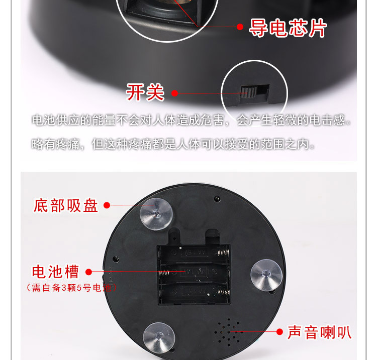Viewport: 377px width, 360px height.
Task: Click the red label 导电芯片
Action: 288,29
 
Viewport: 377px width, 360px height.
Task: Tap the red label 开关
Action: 145,92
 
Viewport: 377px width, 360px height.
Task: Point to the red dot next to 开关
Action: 175,93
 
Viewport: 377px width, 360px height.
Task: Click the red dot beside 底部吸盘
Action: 107,205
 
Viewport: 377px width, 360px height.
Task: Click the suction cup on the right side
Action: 266,274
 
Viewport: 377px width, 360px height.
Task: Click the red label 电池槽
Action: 56,272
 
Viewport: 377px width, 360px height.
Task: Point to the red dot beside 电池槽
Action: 89,272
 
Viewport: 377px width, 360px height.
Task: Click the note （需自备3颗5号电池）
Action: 71,288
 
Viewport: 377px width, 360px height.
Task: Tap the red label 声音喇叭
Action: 319,332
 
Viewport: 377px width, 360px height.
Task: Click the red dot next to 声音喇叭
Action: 280,331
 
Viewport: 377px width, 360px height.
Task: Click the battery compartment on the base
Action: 194,274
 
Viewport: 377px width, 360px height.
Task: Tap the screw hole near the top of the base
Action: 217,198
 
